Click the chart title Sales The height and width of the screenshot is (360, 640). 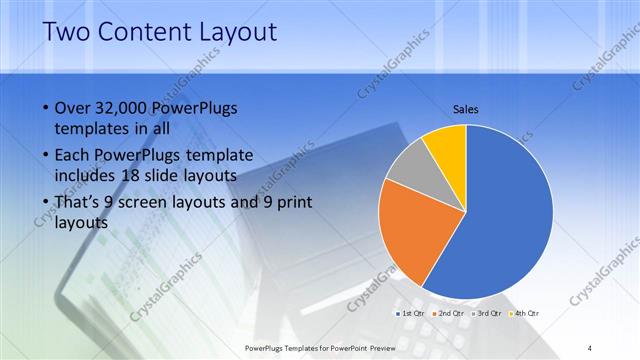[466, 108]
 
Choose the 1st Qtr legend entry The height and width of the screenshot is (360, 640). [412, 314]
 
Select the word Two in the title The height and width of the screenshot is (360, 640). [66, 33]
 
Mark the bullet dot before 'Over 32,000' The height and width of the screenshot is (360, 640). [45, 109]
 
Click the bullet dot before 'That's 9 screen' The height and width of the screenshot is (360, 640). [45, 203]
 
